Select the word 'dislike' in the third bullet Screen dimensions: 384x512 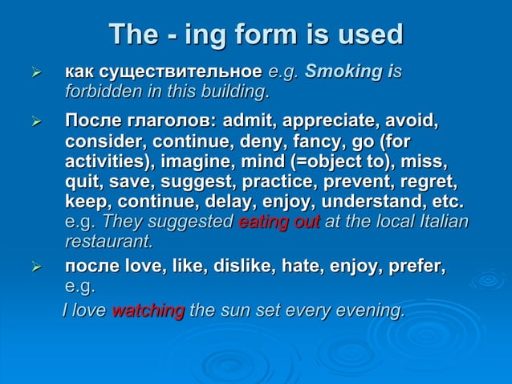tap(240, 267)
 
